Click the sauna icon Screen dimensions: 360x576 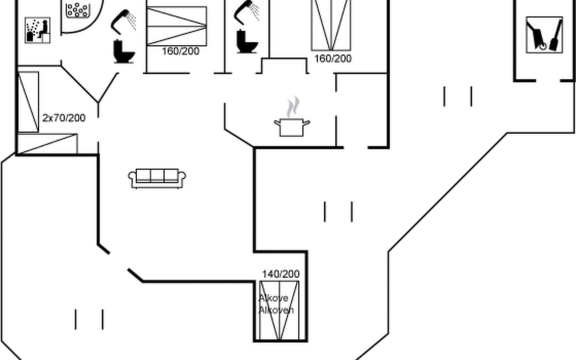[37, 30]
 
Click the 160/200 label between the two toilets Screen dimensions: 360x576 [181, 51]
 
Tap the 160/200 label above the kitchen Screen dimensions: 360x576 [333, 58]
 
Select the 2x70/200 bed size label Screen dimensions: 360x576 [64, 118]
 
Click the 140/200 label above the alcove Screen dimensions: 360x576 [280, 274]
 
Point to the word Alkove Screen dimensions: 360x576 [273, 298]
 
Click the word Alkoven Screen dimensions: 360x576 [276, 310]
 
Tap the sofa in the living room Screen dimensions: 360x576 [157, 178]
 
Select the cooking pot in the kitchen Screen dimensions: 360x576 [292, 127]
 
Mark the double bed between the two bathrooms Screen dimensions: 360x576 [177, 26]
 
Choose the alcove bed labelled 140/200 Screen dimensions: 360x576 [279, 310]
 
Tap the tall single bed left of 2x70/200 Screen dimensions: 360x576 [28, 102]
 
